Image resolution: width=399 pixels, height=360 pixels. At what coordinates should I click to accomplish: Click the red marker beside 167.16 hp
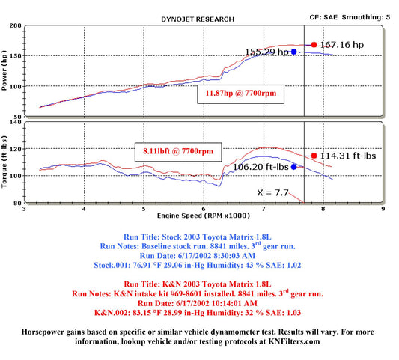click(314, 45)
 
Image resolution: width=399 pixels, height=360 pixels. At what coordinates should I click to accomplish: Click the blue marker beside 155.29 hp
click(294, 52)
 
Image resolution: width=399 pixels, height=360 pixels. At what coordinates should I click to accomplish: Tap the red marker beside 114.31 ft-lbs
click(314, 156)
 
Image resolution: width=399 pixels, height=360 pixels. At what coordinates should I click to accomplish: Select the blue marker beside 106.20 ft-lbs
click(294, 167)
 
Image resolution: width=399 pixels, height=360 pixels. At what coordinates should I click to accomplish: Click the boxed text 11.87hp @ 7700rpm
click(241, 94)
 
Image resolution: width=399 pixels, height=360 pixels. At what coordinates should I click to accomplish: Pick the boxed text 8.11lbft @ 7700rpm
click(178, 151)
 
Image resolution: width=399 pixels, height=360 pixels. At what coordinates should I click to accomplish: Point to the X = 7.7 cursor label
click(272, 192)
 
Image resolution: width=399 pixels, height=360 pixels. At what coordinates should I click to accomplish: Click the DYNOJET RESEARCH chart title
click(198, 19)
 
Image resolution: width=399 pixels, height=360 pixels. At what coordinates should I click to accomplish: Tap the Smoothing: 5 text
click(365, 17)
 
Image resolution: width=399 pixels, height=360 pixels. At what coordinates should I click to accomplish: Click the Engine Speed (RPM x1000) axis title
click(204, 216)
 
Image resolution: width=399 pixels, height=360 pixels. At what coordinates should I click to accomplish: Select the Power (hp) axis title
click(4, 70)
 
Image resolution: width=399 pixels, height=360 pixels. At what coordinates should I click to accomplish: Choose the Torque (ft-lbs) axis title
click(4, 162)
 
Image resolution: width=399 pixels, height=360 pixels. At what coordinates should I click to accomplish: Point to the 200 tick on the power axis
click(15, 25)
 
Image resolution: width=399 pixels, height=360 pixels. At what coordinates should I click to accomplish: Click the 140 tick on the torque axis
click(15, 122)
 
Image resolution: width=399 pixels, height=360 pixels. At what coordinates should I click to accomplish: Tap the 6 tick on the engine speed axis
click(204, 209)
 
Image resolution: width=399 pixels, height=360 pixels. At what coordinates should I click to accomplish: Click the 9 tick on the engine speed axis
click(383, 209)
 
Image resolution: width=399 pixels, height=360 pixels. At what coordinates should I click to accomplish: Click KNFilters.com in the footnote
click(294, 341)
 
